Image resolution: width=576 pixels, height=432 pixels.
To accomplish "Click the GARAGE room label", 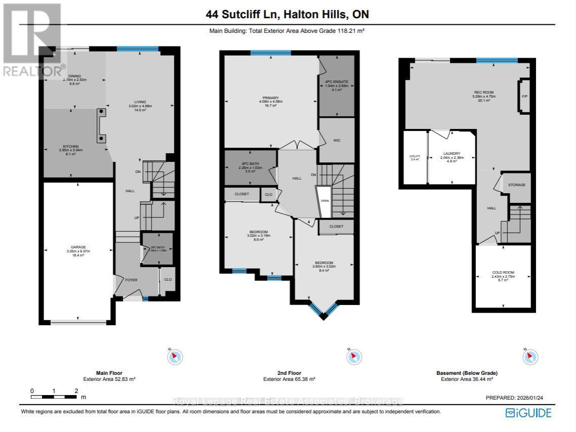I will [77, 247].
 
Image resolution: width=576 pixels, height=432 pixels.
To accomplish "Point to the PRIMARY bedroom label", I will [271, 98].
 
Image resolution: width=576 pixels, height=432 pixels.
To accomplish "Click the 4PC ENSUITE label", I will [336, 82].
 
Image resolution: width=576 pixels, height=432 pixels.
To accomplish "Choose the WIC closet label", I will [336, 141].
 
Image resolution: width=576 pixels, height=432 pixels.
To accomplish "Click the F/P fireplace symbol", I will [524, 96].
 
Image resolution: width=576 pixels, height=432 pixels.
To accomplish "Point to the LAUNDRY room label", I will [452, 153].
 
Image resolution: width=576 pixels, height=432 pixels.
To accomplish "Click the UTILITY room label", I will [415, 156].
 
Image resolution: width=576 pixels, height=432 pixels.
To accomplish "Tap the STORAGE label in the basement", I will [516, 185].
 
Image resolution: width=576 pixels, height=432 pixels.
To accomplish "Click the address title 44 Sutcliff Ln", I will [287, 15].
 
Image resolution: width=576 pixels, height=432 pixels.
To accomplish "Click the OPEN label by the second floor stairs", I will [325, 200].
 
